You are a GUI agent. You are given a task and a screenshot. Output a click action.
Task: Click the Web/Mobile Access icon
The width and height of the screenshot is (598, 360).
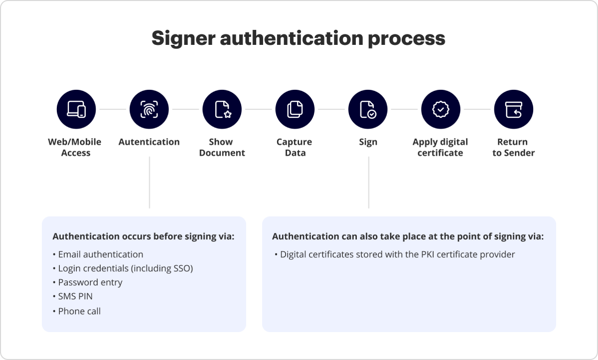pos(76,110)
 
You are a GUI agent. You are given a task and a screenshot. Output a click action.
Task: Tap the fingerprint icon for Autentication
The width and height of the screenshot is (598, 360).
pos(149,110)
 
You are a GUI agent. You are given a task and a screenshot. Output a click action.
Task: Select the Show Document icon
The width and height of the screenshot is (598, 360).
pos(222,110)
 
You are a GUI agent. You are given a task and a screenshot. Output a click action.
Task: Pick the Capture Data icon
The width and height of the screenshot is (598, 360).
pos(295,110)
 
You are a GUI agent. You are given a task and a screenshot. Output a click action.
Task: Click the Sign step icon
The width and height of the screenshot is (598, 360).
pos(368,110)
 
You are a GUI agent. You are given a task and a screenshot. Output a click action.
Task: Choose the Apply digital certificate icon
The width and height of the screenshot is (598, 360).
pos(441,110)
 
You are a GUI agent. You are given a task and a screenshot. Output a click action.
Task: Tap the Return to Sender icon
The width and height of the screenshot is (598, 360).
pos(513,110)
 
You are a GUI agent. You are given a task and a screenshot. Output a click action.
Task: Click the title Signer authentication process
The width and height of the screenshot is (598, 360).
pos(298,38)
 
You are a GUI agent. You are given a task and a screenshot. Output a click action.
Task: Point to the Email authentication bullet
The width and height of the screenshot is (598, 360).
pos(100,254)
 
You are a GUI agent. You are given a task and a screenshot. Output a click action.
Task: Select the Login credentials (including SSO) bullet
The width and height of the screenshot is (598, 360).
pos(125,268)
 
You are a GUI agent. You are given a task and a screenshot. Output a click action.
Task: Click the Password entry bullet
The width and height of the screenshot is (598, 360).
pos(90,282)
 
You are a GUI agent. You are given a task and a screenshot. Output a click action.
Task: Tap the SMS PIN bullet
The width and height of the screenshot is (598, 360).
pos(75,296)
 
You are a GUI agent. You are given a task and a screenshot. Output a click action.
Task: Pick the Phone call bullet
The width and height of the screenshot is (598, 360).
pos(79,311)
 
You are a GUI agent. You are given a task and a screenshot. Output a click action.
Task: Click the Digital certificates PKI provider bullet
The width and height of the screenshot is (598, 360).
pos(397,254)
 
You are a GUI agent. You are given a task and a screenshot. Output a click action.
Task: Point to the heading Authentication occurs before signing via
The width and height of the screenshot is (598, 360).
pos(143,236)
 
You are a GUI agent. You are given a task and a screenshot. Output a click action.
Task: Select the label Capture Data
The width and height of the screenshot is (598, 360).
pos(295,147)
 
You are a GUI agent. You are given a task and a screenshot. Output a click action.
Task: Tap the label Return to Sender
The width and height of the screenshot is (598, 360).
pos(513,147)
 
